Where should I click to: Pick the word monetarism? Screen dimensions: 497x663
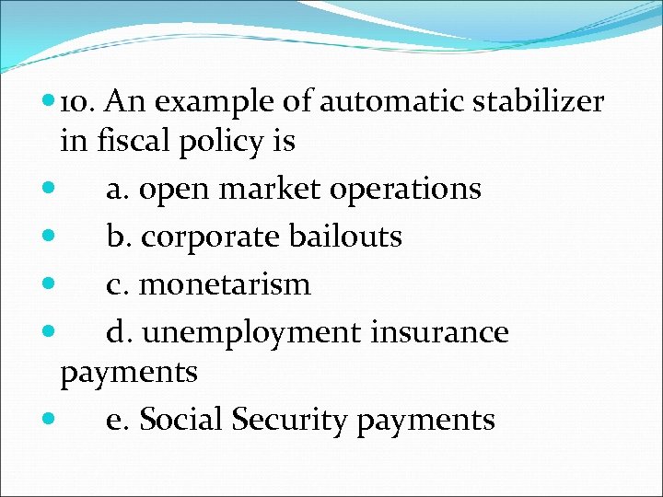pyautogui.click(x=226, y=284)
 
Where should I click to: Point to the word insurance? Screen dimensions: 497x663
pyautogui.click(x=438, y=331)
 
